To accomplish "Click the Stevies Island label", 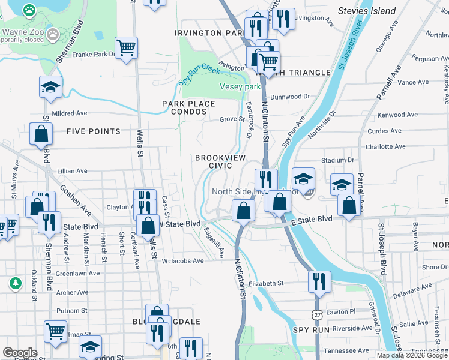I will click(367, 11).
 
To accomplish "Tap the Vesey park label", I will click(241, 86).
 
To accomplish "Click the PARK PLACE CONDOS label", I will click(188, 107).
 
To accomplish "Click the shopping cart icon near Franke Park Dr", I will click(126, 48).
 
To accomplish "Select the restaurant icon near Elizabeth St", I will click(319, 281).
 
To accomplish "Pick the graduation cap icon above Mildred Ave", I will click(51, 87).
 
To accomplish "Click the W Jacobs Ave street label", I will click(183, 261).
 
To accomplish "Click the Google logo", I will click(20, 353).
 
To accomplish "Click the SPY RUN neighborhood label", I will click(310, 330).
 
